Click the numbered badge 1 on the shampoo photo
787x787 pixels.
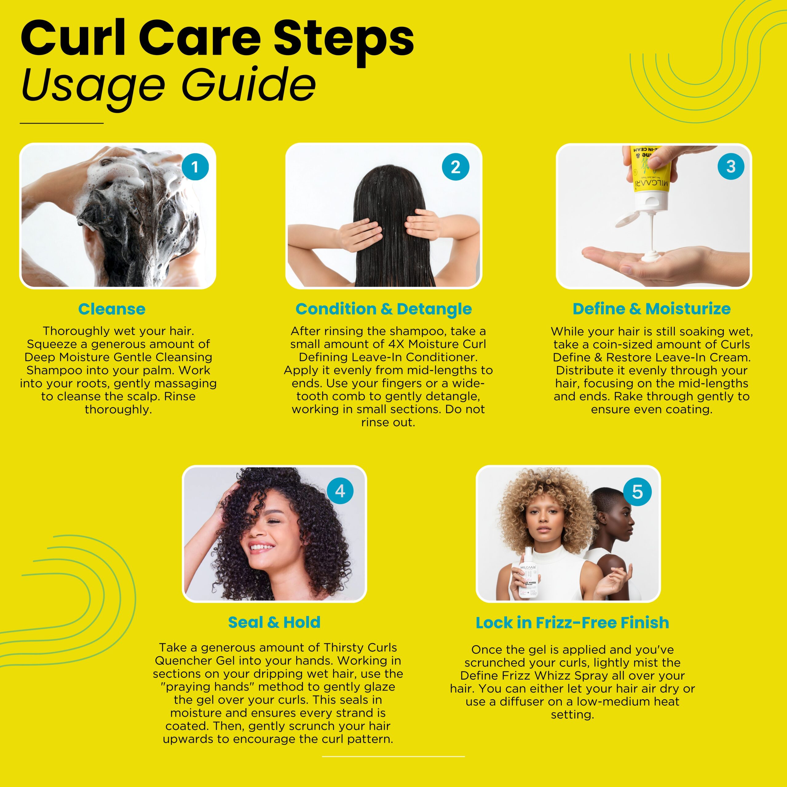click(195, 167)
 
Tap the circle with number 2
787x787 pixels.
click(455, 167)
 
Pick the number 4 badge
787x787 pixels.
click(340, 491)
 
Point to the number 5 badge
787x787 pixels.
click(637, 492)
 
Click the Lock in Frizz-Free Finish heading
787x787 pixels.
click(572, 623)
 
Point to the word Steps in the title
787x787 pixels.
click(343, 39)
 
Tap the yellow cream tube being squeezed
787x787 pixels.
click(651, 171)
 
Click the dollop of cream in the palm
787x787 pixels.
click(651, 257)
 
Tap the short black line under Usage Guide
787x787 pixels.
click(61, 123)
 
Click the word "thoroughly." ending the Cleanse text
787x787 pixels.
click(118, 409)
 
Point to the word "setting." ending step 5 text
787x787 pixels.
click(572, 714)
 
